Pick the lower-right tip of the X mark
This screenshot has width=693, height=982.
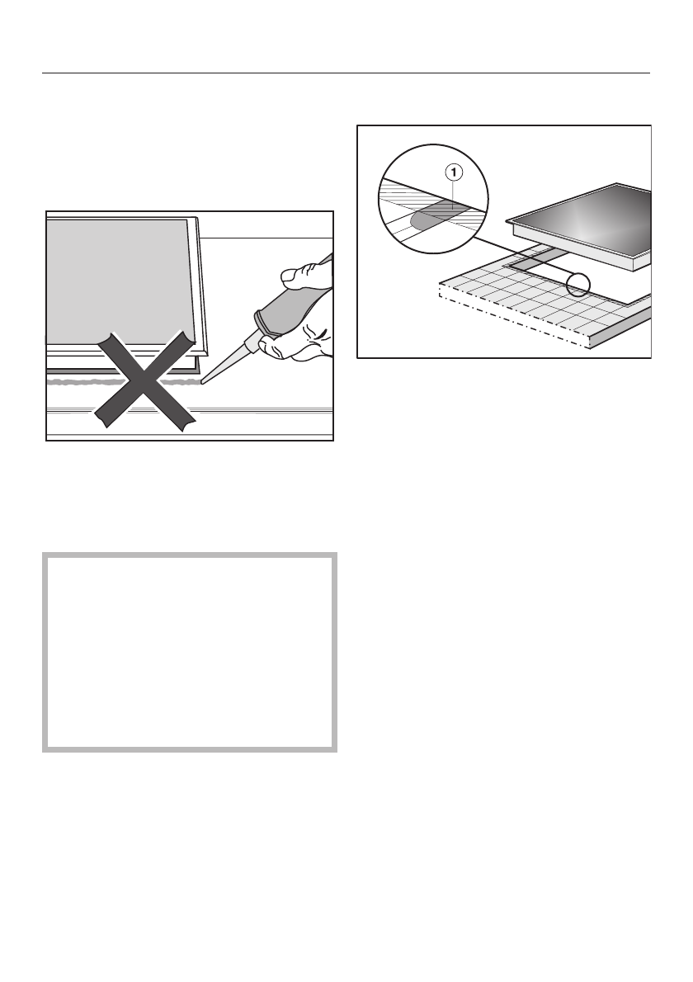[x=188, y=424]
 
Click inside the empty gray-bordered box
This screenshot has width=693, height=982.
[x=189, y=652]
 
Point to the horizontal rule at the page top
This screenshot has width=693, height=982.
[x=346, y=73]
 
